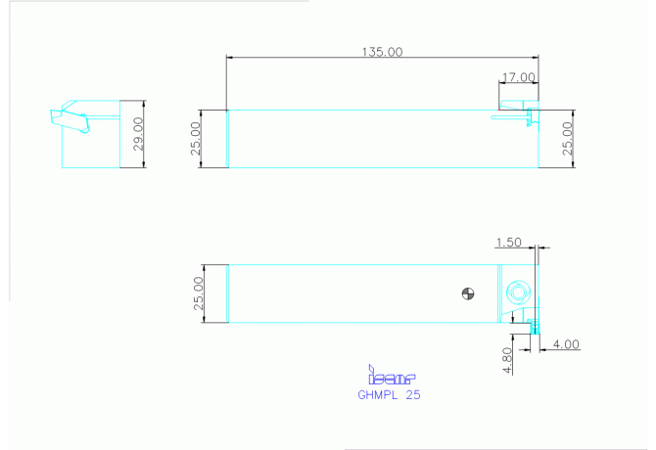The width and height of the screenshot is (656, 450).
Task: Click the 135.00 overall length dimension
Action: (382, 52)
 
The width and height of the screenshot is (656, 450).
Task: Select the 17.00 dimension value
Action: (518, 77)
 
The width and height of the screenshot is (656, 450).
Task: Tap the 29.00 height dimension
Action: (138, 134)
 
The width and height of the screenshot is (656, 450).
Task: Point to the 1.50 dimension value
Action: (509, 243)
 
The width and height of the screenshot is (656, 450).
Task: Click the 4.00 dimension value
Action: (566, 344)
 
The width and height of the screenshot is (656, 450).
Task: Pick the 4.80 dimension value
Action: (507, 360)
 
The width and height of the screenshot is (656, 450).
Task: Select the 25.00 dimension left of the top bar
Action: (196, 139)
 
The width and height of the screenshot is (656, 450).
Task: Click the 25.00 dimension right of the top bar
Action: (567, 139)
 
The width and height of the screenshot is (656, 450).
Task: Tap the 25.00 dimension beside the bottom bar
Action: (199, 293)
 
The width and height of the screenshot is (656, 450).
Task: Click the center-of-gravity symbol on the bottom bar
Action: (468, 293)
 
